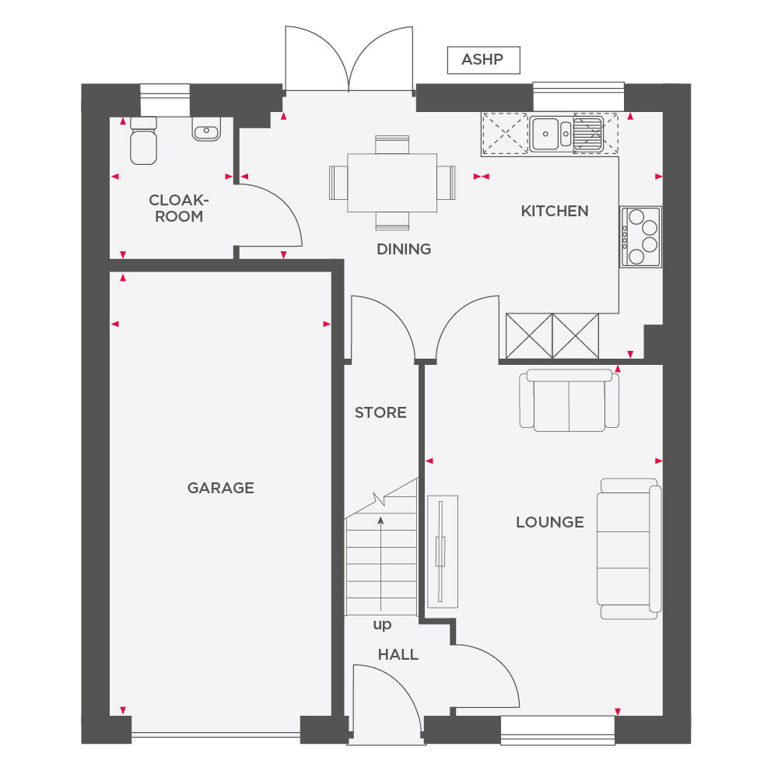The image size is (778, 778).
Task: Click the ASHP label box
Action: click(483, 60)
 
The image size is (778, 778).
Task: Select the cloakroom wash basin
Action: click(206, 129)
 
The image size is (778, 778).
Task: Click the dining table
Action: click(391, 183)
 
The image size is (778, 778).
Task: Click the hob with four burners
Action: click(640, 237)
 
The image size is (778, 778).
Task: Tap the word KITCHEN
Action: click(555, 211)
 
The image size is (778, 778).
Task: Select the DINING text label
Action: click(404, 250)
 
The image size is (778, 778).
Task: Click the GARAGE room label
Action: click(220, 488)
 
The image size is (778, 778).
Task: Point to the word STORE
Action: click(380, 412)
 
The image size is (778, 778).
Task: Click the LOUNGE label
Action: click(549, 522)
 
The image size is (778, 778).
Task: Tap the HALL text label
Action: click(398, 654)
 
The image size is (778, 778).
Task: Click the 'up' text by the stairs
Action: click(382, 624)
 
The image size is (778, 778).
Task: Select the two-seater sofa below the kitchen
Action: click(569, 401)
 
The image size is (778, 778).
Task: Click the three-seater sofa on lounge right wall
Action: click(629, 548)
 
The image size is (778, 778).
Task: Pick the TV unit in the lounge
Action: click(441, 551)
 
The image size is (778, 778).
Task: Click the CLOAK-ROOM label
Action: click(179, 209)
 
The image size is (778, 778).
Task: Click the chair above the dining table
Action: click(391, 144)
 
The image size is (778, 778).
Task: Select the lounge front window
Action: click(557, 725)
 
